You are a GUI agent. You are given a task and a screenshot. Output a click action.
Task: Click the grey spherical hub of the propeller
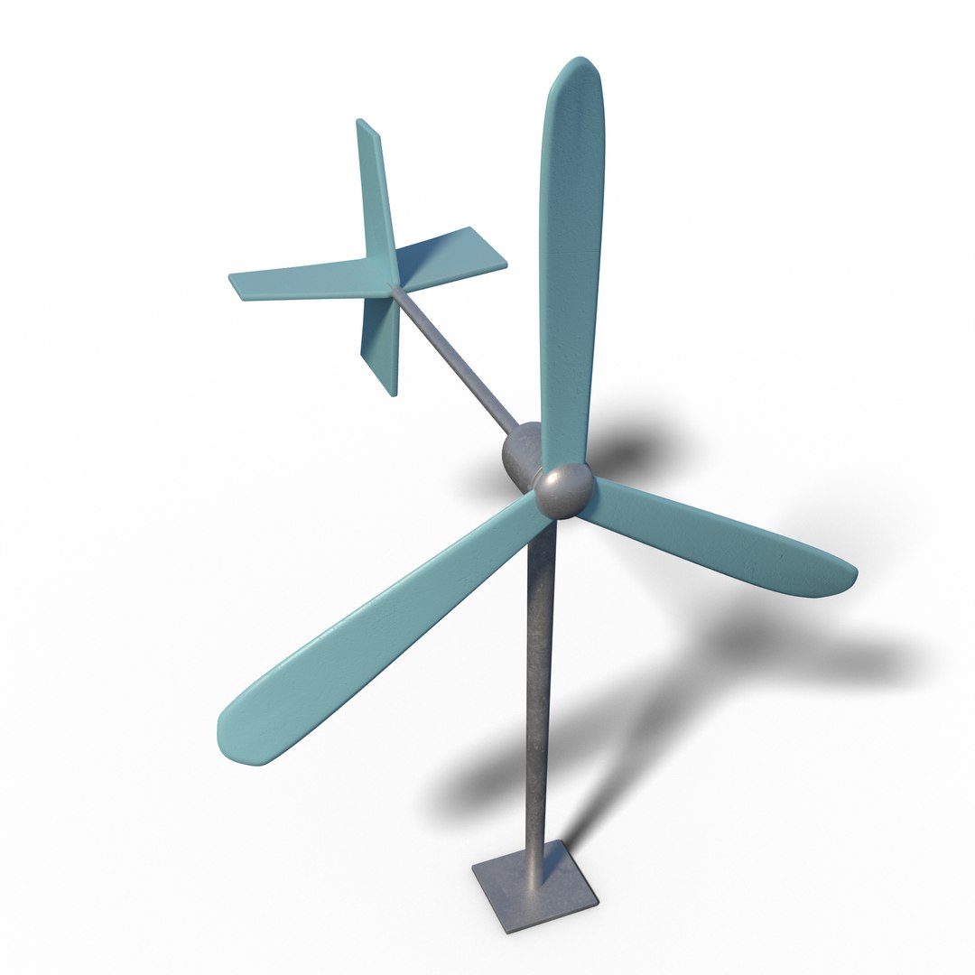tap(564, 490)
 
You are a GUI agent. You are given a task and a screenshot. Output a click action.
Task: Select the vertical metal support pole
tap(539, 686)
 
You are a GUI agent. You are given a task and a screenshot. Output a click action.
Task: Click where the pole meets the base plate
tap(535, 862)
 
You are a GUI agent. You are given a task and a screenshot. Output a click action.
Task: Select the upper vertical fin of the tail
tap(375, 190)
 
